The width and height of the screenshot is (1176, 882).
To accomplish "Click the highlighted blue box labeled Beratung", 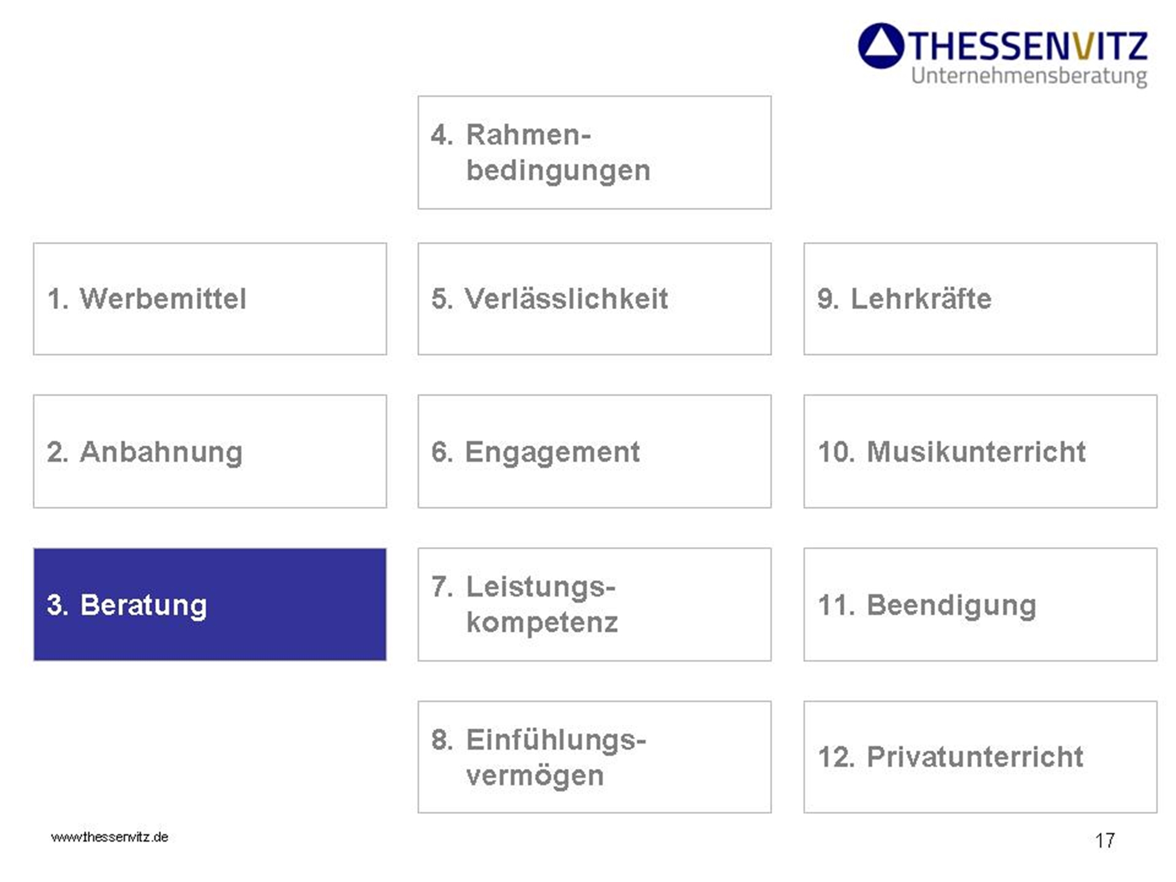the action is click(x=209, y=604).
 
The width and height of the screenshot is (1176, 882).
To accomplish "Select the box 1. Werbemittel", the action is click(x=209, y=299).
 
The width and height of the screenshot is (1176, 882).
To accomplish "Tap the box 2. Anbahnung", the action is click(x=209, y=451).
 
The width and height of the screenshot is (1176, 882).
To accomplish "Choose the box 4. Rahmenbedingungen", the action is click(x=594, y=153).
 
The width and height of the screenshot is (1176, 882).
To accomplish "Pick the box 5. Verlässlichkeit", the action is click(x=594, y=299).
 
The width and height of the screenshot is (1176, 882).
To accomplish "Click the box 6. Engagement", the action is click(x=594, y=451).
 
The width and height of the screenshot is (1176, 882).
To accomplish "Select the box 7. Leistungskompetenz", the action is click(x=594, y=604).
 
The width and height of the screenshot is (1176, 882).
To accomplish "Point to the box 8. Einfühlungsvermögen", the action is click(x=594, y=757).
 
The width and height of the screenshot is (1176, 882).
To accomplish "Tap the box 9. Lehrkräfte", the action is click(x=980, y=299).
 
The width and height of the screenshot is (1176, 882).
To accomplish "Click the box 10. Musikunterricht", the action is click(x=980, y=451).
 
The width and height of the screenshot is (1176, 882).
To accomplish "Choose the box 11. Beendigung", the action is click(x=980, y=604).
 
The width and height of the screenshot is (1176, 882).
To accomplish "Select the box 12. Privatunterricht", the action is click(x=980, y=757).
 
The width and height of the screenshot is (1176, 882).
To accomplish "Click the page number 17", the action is click(x=1105, y=840).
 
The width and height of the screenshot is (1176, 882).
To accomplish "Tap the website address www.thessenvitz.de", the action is click(x=110, y=837).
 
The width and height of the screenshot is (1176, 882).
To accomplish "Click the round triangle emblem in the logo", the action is click(x=881, y=46).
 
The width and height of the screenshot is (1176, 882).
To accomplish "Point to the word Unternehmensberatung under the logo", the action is click(x=1029, y=76).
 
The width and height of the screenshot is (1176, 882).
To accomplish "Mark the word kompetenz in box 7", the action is click(x=542, y=622).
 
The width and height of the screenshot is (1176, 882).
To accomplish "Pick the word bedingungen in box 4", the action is click(x=558, y=170).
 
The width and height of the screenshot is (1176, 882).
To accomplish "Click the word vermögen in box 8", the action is click(x=535, y=775).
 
